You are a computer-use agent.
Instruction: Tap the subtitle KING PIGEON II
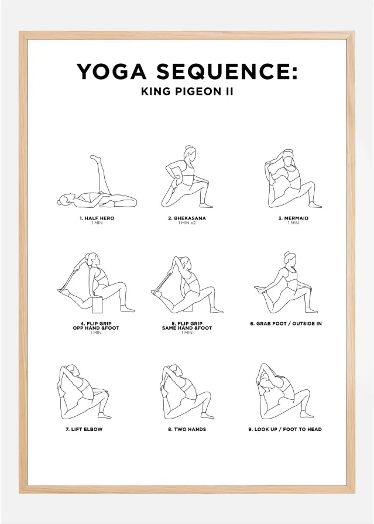(x=187, y=91)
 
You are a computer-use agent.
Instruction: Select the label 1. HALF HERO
(x=97, y=218)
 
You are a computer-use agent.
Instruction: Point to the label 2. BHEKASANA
(x=187, y=218)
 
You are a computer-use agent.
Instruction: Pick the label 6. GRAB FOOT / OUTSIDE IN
(x=286, y=323)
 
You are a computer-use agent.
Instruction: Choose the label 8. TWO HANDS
(x=187, y=429)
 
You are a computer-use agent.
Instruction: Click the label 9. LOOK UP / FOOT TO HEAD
(x=285, y=429)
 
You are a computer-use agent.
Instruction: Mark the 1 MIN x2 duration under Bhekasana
(x=187, y=223)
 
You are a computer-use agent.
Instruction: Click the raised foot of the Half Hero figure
(x=95, y=159)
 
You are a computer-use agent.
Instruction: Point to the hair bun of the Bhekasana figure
(x=189, y=148)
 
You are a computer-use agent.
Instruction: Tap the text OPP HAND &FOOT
(x=97, y=328)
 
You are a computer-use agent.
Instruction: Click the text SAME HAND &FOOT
(x=187, y=328)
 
